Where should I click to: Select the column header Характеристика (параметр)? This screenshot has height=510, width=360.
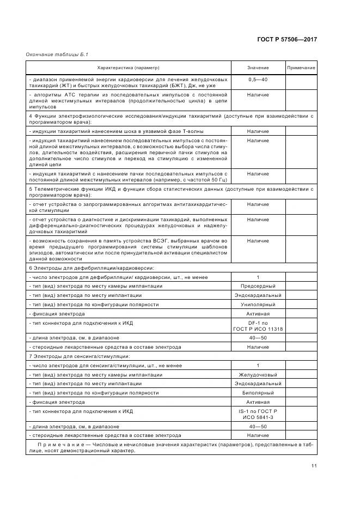coord(129,68)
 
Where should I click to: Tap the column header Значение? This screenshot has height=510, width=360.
coord(258,68)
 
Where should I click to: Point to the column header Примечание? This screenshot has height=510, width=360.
coord(301,68)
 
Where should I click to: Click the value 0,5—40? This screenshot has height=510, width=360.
coord(258,80)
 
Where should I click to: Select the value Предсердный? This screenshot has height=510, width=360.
coord(258,286)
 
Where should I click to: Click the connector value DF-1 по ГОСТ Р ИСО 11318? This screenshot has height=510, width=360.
coord(258,326)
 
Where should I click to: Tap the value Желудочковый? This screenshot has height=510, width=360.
coord(258,374)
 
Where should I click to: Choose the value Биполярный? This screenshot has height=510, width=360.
coord(258,392)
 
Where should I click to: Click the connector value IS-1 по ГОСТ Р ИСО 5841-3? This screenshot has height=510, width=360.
coord(258,414)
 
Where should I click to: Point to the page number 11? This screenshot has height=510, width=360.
coord(314,465)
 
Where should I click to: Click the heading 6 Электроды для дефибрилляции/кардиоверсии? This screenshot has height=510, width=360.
coord(91,268)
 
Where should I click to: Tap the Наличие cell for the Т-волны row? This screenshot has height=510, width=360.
coord(258,131)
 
